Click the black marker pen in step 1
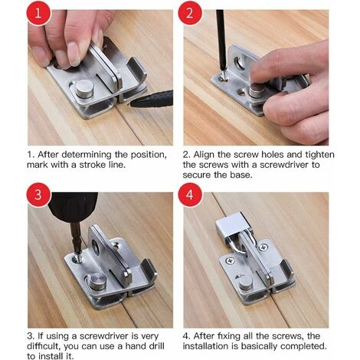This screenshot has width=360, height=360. [x=153, y=98]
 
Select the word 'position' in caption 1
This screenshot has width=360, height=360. [x=145, y=154]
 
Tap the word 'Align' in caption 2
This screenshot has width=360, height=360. [x=208, y=154]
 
